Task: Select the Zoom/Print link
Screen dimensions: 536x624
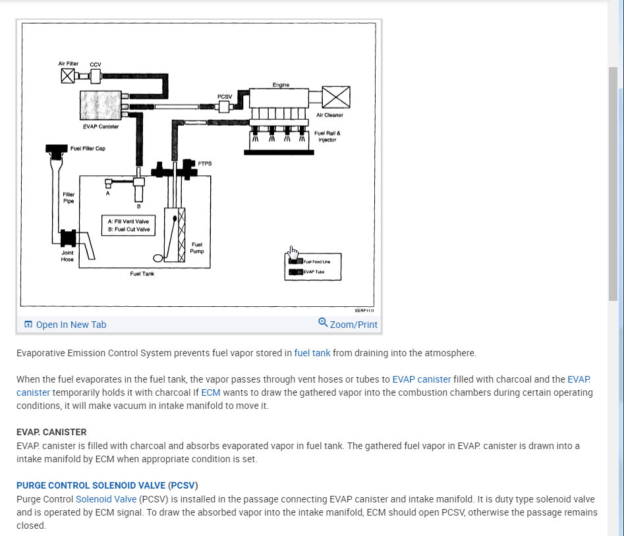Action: [349, 324]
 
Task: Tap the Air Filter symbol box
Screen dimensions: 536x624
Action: [67, 76]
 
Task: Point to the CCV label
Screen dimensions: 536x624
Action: [95, 65]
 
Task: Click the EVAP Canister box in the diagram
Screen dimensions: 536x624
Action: [99, 105]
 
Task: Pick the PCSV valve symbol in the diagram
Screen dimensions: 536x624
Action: [225, 107]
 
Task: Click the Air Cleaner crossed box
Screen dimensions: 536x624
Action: [336, 97]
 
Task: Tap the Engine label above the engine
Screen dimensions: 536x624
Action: [281, 85]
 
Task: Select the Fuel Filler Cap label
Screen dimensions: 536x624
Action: [88, 149]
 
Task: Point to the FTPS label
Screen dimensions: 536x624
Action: [204, 163]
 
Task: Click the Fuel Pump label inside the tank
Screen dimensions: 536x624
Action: [196, 248]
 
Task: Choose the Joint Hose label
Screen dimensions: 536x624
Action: [67, 255]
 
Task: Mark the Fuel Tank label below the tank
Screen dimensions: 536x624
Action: [142, 273]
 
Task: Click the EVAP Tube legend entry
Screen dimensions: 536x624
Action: [312, 271]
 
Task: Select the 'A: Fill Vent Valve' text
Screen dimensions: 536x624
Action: [127, 221]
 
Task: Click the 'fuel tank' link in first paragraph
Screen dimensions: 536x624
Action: [312, 353]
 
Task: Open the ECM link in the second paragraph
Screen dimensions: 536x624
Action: [211, 392]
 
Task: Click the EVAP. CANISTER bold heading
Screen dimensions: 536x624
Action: [51, 432]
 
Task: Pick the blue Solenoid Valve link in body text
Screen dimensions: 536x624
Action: [105, 499]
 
